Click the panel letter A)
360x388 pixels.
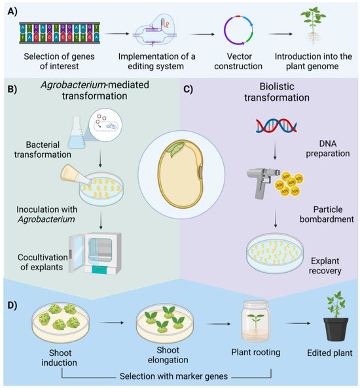[12, 12]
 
